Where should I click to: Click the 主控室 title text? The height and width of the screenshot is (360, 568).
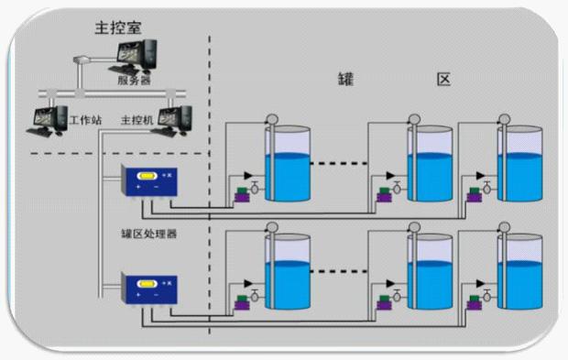118,27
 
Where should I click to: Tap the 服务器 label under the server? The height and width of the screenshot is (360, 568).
134,80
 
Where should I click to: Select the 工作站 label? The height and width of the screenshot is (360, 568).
85,120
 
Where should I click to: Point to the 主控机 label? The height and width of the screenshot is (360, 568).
137,120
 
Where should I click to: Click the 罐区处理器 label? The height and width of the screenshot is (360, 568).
149,234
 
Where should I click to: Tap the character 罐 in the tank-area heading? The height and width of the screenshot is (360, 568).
345,79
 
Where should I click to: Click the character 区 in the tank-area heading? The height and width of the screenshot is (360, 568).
443,79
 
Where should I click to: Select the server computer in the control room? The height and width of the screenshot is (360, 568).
133,57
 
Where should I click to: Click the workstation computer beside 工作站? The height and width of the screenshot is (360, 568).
48,122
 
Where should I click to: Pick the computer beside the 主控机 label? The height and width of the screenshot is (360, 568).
171,121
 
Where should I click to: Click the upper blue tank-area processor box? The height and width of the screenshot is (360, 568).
149,181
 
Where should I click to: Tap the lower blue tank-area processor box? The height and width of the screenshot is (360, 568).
149,289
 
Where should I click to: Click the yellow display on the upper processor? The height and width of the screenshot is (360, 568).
147,176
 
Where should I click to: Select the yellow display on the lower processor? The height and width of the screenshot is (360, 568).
147,284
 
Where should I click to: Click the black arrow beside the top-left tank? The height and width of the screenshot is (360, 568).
248,176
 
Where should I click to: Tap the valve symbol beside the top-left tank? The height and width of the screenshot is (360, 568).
255,187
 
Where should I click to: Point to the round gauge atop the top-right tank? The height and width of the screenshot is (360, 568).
504,119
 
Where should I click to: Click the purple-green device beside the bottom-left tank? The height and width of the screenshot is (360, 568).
242,303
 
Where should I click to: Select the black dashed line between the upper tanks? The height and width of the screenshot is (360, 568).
339,163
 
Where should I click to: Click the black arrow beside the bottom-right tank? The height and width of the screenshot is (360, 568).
480,284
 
